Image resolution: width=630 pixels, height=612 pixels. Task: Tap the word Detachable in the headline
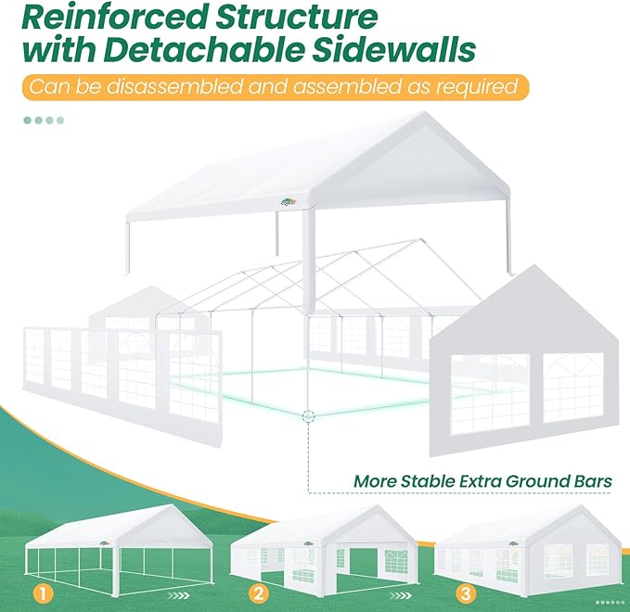203,49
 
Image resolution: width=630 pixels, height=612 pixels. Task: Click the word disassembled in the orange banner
174,87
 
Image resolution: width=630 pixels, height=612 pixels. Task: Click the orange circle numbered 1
43,593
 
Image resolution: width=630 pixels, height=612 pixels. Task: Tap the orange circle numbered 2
259,593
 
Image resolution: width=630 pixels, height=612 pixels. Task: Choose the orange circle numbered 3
466,593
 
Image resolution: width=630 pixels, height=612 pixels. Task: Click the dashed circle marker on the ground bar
308,416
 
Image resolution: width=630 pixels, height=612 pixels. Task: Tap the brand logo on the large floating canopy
288,203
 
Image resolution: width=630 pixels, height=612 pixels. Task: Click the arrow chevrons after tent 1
178,595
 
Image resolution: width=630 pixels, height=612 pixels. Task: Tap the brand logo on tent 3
513,544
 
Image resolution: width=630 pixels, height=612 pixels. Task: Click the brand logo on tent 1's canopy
105,543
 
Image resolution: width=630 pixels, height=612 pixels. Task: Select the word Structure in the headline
297,17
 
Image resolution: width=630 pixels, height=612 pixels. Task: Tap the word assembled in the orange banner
347,87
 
